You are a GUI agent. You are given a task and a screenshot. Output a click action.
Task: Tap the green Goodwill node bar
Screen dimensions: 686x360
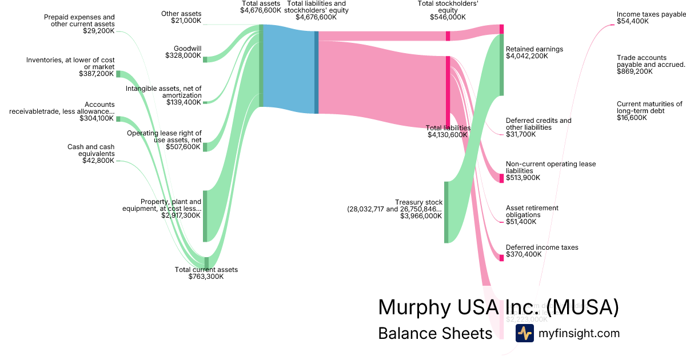click(205, 59)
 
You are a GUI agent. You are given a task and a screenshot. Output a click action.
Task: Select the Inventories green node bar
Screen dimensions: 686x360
click(118, 74)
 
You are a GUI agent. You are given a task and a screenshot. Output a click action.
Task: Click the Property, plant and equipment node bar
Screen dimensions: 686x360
click(205, 216)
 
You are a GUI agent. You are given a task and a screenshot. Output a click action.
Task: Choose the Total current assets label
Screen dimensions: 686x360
click(206, 273)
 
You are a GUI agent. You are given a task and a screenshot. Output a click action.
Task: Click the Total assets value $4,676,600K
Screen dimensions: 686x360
click(261, 10)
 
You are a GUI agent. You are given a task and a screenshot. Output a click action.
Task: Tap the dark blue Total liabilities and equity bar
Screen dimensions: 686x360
click(316, 72)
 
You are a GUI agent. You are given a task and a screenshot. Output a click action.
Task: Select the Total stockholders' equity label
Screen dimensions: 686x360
click(448, 10)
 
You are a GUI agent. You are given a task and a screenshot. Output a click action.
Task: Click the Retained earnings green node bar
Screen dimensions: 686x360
click(501, 65)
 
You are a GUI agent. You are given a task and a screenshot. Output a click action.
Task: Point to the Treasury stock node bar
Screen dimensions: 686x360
click(446, 212)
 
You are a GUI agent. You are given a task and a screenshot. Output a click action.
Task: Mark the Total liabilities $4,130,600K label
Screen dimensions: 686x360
click(448, 132)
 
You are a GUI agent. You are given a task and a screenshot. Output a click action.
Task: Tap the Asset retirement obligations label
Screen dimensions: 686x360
click(532, 214)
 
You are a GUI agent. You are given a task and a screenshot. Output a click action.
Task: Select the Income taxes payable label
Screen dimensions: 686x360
click(651, 18)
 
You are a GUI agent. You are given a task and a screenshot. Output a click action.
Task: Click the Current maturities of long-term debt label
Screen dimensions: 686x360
click(649, 111)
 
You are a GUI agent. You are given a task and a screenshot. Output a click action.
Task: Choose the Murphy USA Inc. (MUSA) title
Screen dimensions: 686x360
click(498, 307)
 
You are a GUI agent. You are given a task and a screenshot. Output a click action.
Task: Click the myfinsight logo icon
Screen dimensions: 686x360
click(524, 333)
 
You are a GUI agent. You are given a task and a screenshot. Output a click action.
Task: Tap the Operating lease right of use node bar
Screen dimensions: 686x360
click(205, 147)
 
